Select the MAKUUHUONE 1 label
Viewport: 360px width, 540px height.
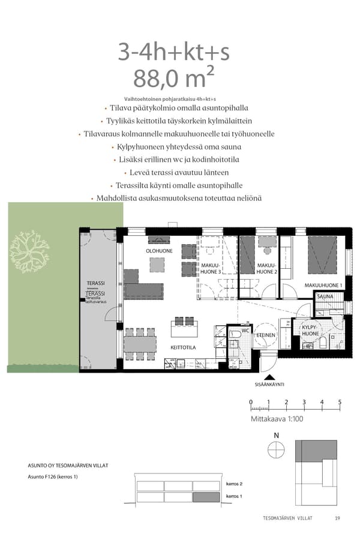323,285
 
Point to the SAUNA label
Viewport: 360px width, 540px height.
325,296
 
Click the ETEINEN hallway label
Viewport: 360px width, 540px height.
266,335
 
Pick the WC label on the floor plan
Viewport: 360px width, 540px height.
245,330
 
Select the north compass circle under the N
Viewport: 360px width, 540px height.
276,449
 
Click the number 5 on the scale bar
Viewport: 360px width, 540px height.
340,402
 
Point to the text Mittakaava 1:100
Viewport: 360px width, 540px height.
275,419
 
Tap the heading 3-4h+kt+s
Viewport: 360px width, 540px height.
174,52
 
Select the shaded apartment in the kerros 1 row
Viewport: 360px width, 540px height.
206,497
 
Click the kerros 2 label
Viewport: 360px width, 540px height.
234,484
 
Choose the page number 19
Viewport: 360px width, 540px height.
337,518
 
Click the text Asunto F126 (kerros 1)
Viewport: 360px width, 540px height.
53,477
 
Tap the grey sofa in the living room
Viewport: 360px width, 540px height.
143,290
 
